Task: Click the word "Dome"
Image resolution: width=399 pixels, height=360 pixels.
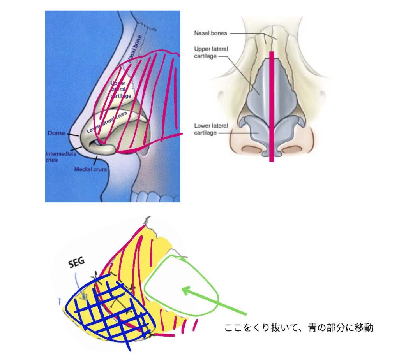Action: click(x=56, y=133)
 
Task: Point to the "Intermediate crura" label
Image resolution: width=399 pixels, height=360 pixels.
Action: click(x=60, y=156)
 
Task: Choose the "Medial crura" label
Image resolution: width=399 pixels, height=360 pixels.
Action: click(x=91, y=169)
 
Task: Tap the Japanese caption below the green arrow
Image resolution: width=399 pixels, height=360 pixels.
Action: click(x=299, y=328)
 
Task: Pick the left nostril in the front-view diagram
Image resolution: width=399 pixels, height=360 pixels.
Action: click(x=249, y=149)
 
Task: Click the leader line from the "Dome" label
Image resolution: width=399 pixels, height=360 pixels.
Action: click(x=73, y=135)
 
